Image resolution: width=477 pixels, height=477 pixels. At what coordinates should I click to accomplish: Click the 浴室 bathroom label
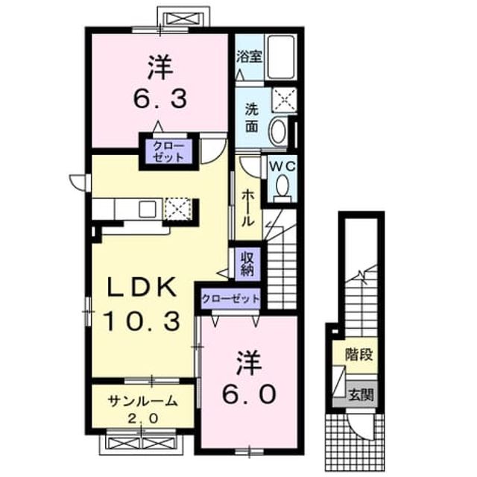249,57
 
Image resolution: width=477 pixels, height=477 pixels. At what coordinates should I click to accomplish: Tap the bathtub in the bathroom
280,57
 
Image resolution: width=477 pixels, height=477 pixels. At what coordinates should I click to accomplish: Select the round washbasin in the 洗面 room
278,131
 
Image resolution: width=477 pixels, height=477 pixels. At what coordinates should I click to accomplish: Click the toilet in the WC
282,186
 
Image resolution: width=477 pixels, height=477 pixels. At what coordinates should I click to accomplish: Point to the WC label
282,166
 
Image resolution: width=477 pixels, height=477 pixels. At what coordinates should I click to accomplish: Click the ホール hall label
248,208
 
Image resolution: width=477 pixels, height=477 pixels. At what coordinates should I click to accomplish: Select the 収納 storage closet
247,264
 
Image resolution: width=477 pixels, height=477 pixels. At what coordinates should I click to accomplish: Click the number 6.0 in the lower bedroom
249,394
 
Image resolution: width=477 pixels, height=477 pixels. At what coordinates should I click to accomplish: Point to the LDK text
141,287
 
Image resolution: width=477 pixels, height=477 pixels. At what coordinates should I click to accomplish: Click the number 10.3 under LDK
141,321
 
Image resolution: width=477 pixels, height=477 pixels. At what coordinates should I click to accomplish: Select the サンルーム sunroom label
142,401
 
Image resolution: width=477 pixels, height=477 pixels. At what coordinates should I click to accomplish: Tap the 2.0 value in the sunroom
142,419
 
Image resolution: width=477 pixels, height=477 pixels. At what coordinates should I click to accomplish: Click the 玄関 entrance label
361,395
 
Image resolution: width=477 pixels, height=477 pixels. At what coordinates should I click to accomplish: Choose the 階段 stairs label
359,355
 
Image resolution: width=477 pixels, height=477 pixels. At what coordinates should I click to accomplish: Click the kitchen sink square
148,209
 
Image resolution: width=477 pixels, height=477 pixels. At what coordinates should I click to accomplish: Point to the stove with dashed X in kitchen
177,209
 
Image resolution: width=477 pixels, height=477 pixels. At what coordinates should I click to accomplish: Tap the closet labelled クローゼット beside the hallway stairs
230,300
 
